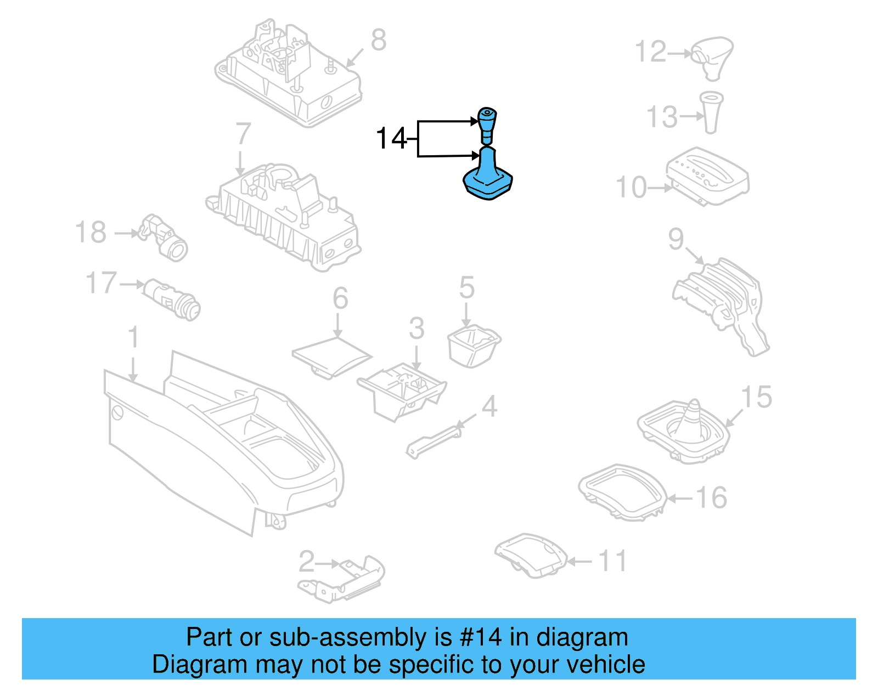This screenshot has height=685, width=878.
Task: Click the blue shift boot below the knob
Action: (x=487, y=176)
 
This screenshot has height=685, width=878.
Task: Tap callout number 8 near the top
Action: (x=379, y=40)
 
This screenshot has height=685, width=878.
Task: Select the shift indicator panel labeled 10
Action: (x=708, y=176)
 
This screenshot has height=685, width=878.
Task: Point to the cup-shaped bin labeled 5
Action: (x=473, y=346)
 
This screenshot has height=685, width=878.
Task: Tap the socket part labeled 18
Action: (x=165, y=237)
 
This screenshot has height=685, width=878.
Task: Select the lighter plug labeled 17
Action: (x=172, y=299)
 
